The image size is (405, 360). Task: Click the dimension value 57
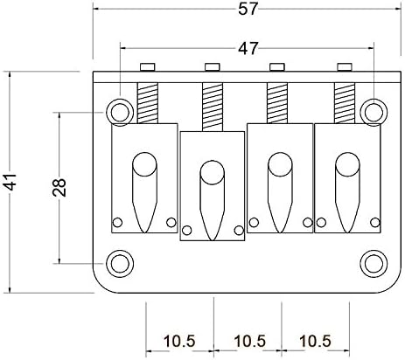point(246,11)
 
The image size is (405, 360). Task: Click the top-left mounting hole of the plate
point(118,110)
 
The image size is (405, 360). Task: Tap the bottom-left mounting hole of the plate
point(118,263)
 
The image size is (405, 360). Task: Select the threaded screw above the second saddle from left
point(211,105)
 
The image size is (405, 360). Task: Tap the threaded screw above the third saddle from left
point(279,101)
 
